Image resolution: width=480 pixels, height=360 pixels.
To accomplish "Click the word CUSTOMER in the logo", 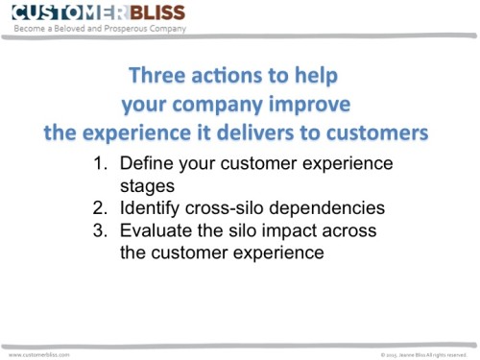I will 59,12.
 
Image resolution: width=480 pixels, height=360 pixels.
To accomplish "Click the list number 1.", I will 99,163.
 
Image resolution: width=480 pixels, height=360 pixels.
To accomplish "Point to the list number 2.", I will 99,207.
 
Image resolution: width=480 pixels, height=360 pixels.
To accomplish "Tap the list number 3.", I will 99,230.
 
